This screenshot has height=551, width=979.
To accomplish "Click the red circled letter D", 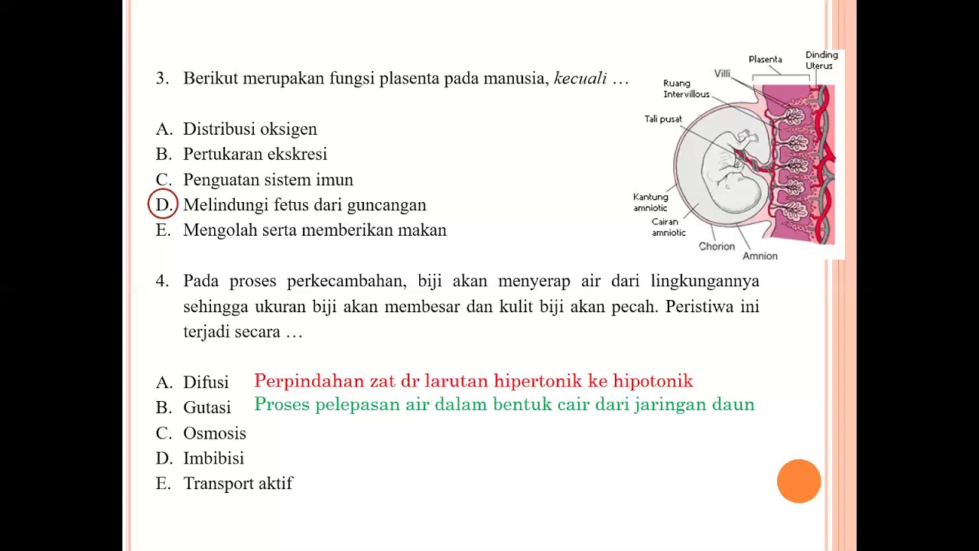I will coord(163,205).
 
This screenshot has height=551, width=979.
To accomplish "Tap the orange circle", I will coord(798,481).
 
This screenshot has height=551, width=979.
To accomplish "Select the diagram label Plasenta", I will coord(765,60).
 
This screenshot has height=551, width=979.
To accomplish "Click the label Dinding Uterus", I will coord(821,60).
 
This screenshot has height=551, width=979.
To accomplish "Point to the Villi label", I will coord(722,73).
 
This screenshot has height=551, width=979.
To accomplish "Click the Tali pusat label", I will coord(662,119).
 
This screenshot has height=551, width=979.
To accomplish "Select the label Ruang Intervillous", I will coord(686,89).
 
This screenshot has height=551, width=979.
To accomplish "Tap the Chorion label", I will coord(717,246).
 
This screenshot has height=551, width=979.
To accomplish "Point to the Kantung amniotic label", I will coord(650,203).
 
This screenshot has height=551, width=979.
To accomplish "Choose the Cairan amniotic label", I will coord(668,227).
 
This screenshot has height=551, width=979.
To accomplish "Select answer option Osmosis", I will coord(214,433).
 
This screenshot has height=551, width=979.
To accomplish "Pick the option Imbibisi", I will coord(213,458).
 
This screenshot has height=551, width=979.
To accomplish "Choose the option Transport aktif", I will coord(238,484).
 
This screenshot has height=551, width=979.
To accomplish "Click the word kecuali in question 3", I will coord(580,78).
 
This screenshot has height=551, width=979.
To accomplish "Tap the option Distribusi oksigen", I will coord(249,129).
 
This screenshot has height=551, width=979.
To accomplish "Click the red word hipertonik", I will coord(541,381).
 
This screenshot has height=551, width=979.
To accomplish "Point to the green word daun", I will coord(733,405).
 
